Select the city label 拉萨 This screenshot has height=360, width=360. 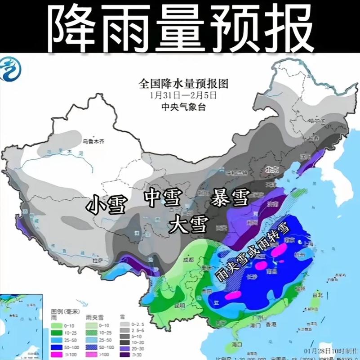(x=97, y=261)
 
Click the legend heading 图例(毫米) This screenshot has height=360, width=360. (x=62, y=311)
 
